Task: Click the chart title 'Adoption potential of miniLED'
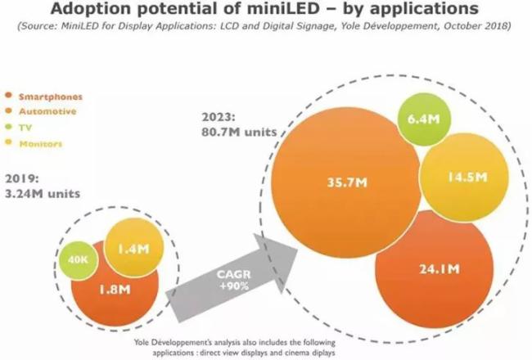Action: click(265, 11)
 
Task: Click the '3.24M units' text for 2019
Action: click(43, 193)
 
